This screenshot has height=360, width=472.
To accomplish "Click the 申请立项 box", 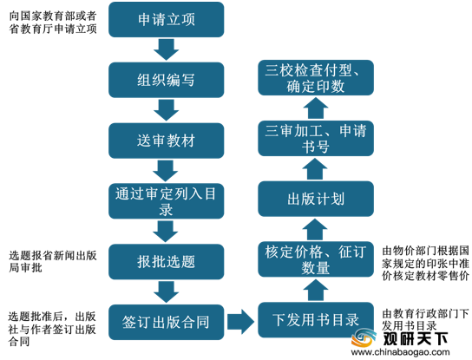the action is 167,20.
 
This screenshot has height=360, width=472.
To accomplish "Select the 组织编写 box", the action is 167,80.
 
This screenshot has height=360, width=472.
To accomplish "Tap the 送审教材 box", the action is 167,141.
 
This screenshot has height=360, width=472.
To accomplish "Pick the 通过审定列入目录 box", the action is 167,201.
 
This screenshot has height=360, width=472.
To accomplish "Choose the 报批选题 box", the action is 167,262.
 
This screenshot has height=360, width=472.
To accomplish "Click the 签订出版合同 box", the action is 167,322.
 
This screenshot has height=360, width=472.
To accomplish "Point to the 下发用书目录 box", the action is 316,320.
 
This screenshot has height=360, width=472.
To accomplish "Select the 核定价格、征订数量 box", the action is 316,259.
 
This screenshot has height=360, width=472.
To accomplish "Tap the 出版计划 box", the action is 316,199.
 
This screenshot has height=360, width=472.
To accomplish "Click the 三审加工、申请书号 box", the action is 316,138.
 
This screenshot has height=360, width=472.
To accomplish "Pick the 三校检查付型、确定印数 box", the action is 316,78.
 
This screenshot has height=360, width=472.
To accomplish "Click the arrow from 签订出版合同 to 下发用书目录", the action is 241,322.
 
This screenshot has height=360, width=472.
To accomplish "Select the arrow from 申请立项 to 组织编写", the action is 167,49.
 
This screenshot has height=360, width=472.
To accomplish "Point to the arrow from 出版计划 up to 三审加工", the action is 315,169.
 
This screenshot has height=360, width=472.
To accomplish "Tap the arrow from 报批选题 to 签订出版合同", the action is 167,292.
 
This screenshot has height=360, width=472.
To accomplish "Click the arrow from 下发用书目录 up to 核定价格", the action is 315,290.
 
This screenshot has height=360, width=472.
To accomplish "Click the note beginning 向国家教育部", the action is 53,23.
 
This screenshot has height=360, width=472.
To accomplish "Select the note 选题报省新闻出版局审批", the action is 53,261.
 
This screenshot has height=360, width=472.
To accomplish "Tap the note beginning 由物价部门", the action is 425,263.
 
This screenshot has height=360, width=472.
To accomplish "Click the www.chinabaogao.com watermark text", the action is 400,352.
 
